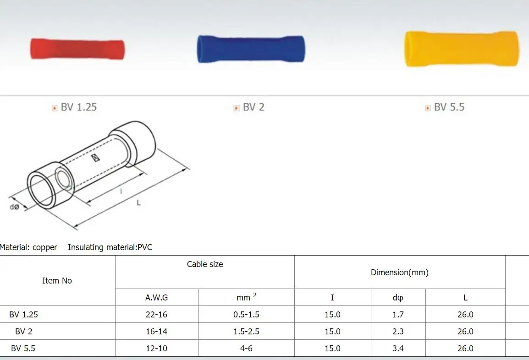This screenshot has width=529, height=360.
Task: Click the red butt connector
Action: tap(77, 49)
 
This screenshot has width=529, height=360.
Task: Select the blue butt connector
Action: tap(251, 49)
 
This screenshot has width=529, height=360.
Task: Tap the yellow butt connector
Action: tap(462, 49)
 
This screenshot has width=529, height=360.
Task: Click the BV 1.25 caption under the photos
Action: tap(78, 107)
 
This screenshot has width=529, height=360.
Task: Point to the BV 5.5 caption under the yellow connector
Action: tap(449, 107)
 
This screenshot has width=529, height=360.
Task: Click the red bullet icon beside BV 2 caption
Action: tap(236, 108)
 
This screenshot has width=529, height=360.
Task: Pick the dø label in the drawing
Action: tap(14, 207)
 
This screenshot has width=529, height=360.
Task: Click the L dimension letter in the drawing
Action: tap(138, 202)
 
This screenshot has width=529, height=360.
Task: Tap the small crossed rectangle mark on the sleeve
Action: tap(96, 158)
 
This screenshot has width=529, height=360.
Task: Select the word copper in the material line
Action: tap(44, 247)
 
